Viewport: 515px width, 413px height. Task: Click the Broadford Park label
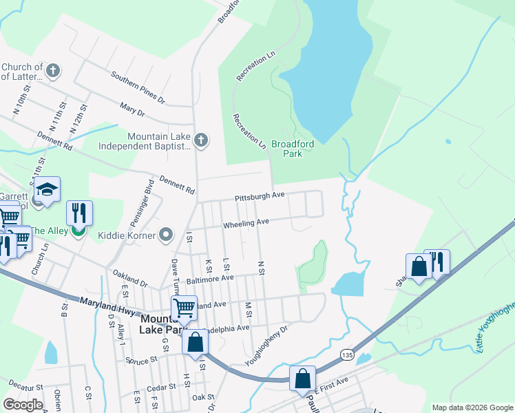[x=293, y=149]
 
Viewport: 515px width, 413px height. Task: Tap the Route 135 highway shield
[x=346, y=353]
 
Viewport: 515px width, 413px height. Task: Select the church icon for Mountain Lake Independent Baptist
[x=200, y=140]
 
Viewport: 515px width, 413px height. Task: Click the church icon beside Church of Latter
[x=53, y=70]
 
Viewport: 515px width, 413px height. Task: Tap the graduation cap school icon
[x=46, y=191]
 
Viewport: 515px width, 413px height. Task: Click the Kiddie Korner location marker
[x=166, y=235]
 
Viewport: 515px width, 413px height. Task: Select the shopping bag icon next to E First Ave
[x=302, y=379]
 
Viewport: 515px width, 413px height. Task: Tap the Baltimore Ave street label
[x=210, y=279]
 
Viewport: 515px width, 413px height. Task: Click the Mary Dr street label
[x=132, y=111]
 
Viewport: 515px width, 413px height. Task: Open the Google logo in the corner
[x=23, y=405]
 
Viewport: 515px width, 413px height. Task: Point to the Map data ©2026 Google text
[x=472, y=407]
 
